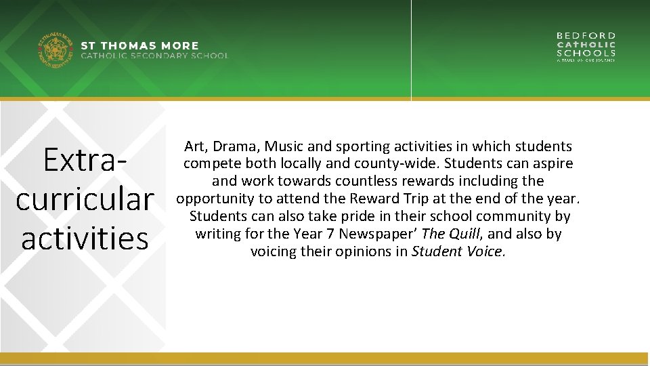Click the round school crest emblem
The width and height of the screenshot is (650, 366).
coord(55,50)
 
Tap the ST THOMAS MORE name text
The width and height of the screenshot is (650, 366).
coord(140,46)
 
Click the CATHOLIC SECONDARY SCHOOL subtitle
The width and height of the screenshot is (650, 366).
coord(155,56)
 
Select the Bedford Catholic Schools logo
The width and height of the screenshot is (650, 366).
coord(586,47)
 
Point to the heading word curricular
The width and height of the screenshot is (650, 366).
coord(85,199)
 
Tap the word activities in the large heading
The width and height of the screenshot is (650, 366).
coord(85,239)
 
